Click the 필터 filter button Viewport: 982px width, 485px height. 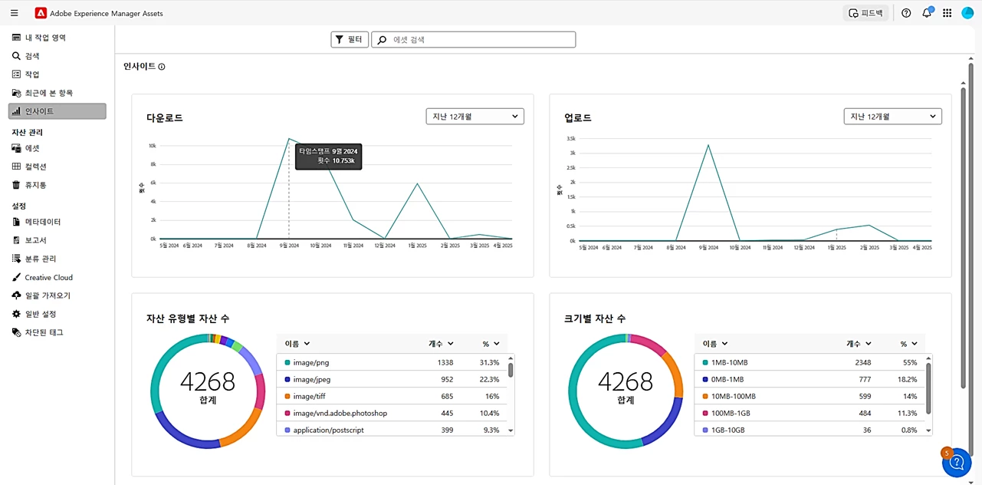(x=350, y=39)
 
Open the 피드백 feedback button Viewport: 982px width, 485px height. (x=865, y=13)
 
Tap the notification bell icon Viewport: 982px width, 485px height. (x=927, y=13)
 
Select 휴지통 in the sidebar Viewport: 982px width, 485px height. (x=35, y=185)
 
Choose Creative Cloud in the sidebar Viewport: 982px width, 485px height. (x=48, y=277)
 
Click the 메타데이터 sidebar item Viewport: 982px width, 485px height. (x=42, y=222)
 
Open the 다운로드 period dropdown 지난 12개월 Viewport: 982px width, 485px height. (x=475, y=117)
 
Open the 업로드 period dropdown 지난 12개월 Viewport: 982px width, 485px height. (x=892, y=117)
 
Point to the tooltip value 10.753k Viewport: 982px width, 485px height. (x=343, y=161)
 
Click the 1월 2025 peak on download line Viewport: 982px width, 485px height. (x=417, y=183)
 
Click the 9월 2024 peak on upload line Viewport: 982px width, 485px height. (x=708, y=145)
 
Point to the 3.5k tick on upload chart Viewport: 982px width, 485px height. (x=571, y=139)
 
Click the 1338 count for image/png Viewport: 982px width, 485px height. (x=445, y=362)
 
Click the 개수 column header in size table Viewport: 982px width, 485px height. (x=859, y=344)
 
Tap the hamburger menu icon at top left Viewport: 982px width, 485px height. (x=15, y=13)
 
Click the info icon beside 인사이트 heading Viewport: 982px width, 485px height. (x=162, y=67)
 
